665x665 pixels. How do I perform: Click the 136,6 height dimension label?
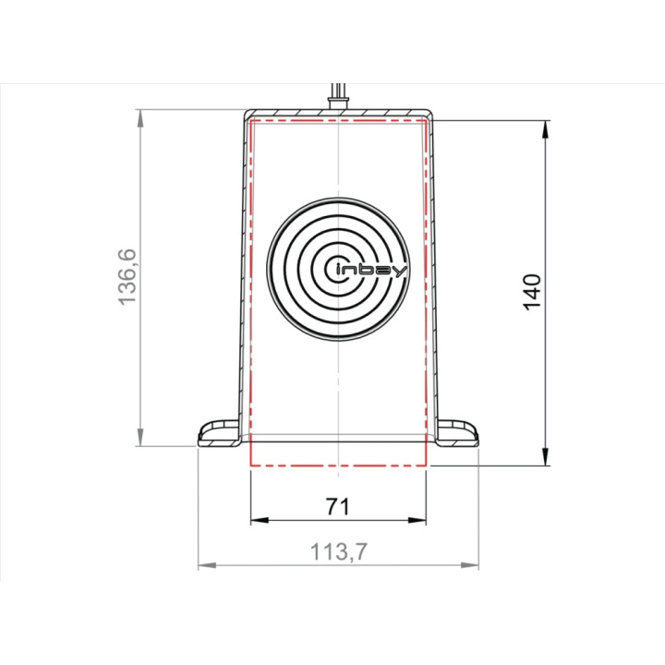[x=127, y=276]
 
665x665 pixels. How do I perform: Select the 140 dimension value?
[x=532, y=293]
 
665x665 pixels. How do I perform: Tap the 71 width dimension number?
[x=338, y=506]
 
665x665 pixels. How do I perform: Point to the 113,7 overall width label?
[x=338, y=551]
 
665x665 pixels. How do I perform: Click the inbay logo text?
[x=371, y=272]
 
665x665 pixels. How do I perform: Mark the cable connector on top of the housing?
[x=338, y=102]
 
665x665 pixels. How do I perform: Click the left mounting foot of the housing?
[x=220, y=432]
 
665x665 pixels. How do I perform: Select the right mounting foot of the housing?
[x=457, y=432]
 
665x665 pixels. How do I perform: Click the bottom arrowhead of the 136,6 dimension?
[x=140, y=438]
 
